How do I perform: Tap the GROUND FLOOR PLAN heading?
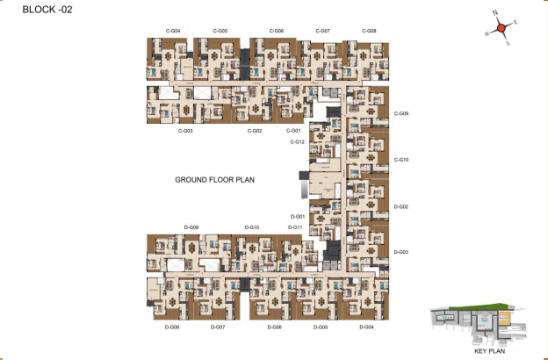pos(214,179)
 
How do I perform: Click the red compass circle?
pos(501,28)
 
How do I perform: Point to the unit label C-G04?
pos(173,31)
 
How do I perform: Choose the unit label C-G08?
pos(369,31)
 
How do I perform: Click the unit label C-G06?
pos(275,31)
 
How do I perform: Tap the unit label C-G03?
pos(185,131)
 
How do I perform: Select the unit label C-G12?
pos(297,141)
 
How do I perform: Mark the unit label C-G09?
pos(401,113)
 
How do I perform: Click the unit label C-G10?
pos(401,160)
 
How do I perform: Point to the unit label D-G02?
pos(401,206)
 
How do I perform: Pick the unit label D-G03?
pos(401,252)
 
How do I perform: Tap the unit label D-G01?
pos(298,216)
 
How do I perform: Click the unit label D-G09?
pos(191,227)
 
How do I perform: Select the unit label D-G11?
pos(295,227)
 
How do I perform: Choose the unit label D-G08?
pos(172,327)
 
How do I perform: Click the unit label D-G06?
pos(275,327)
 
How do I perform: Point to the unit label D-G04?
pos(367,327)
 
